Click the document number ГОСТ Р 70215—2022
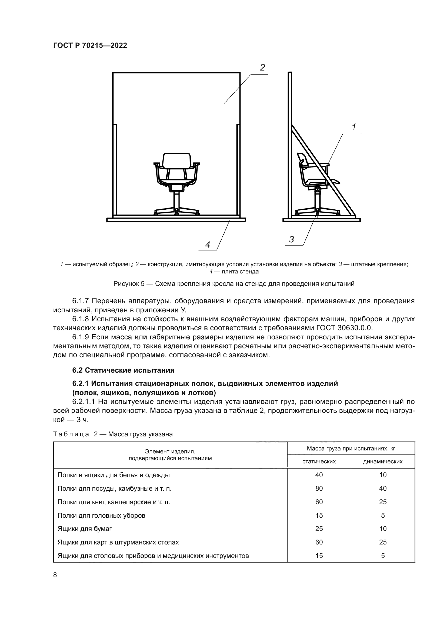click(x=90, y=46)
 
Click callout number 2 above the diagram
click(x=262, y=68)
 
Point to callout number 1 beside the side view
click(x=354, y=127)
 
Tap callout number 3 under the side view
click(x=292, y=239)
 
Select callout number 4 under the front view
click(x=208, y=245)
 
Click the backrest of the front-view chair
click(x=177, y=161)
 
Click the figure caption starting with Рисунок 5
click(x=234, y=284)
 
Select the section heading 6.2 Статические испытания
click(x=123, y=370)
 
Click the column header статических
click(x=319, y=461)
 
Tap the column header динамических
click(x=383, y=461)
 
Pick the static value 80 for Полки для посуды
click(x=319, y=488)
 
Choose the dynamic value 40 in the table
click(x=383, y=488)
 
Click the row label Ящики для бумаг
click(x=85, y=529)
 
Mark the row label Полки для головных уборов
click(x=101, y=515)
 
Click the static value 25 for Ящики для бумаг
click(x=319, y=529)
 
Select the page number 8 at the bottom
click(x=55, y=575)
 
